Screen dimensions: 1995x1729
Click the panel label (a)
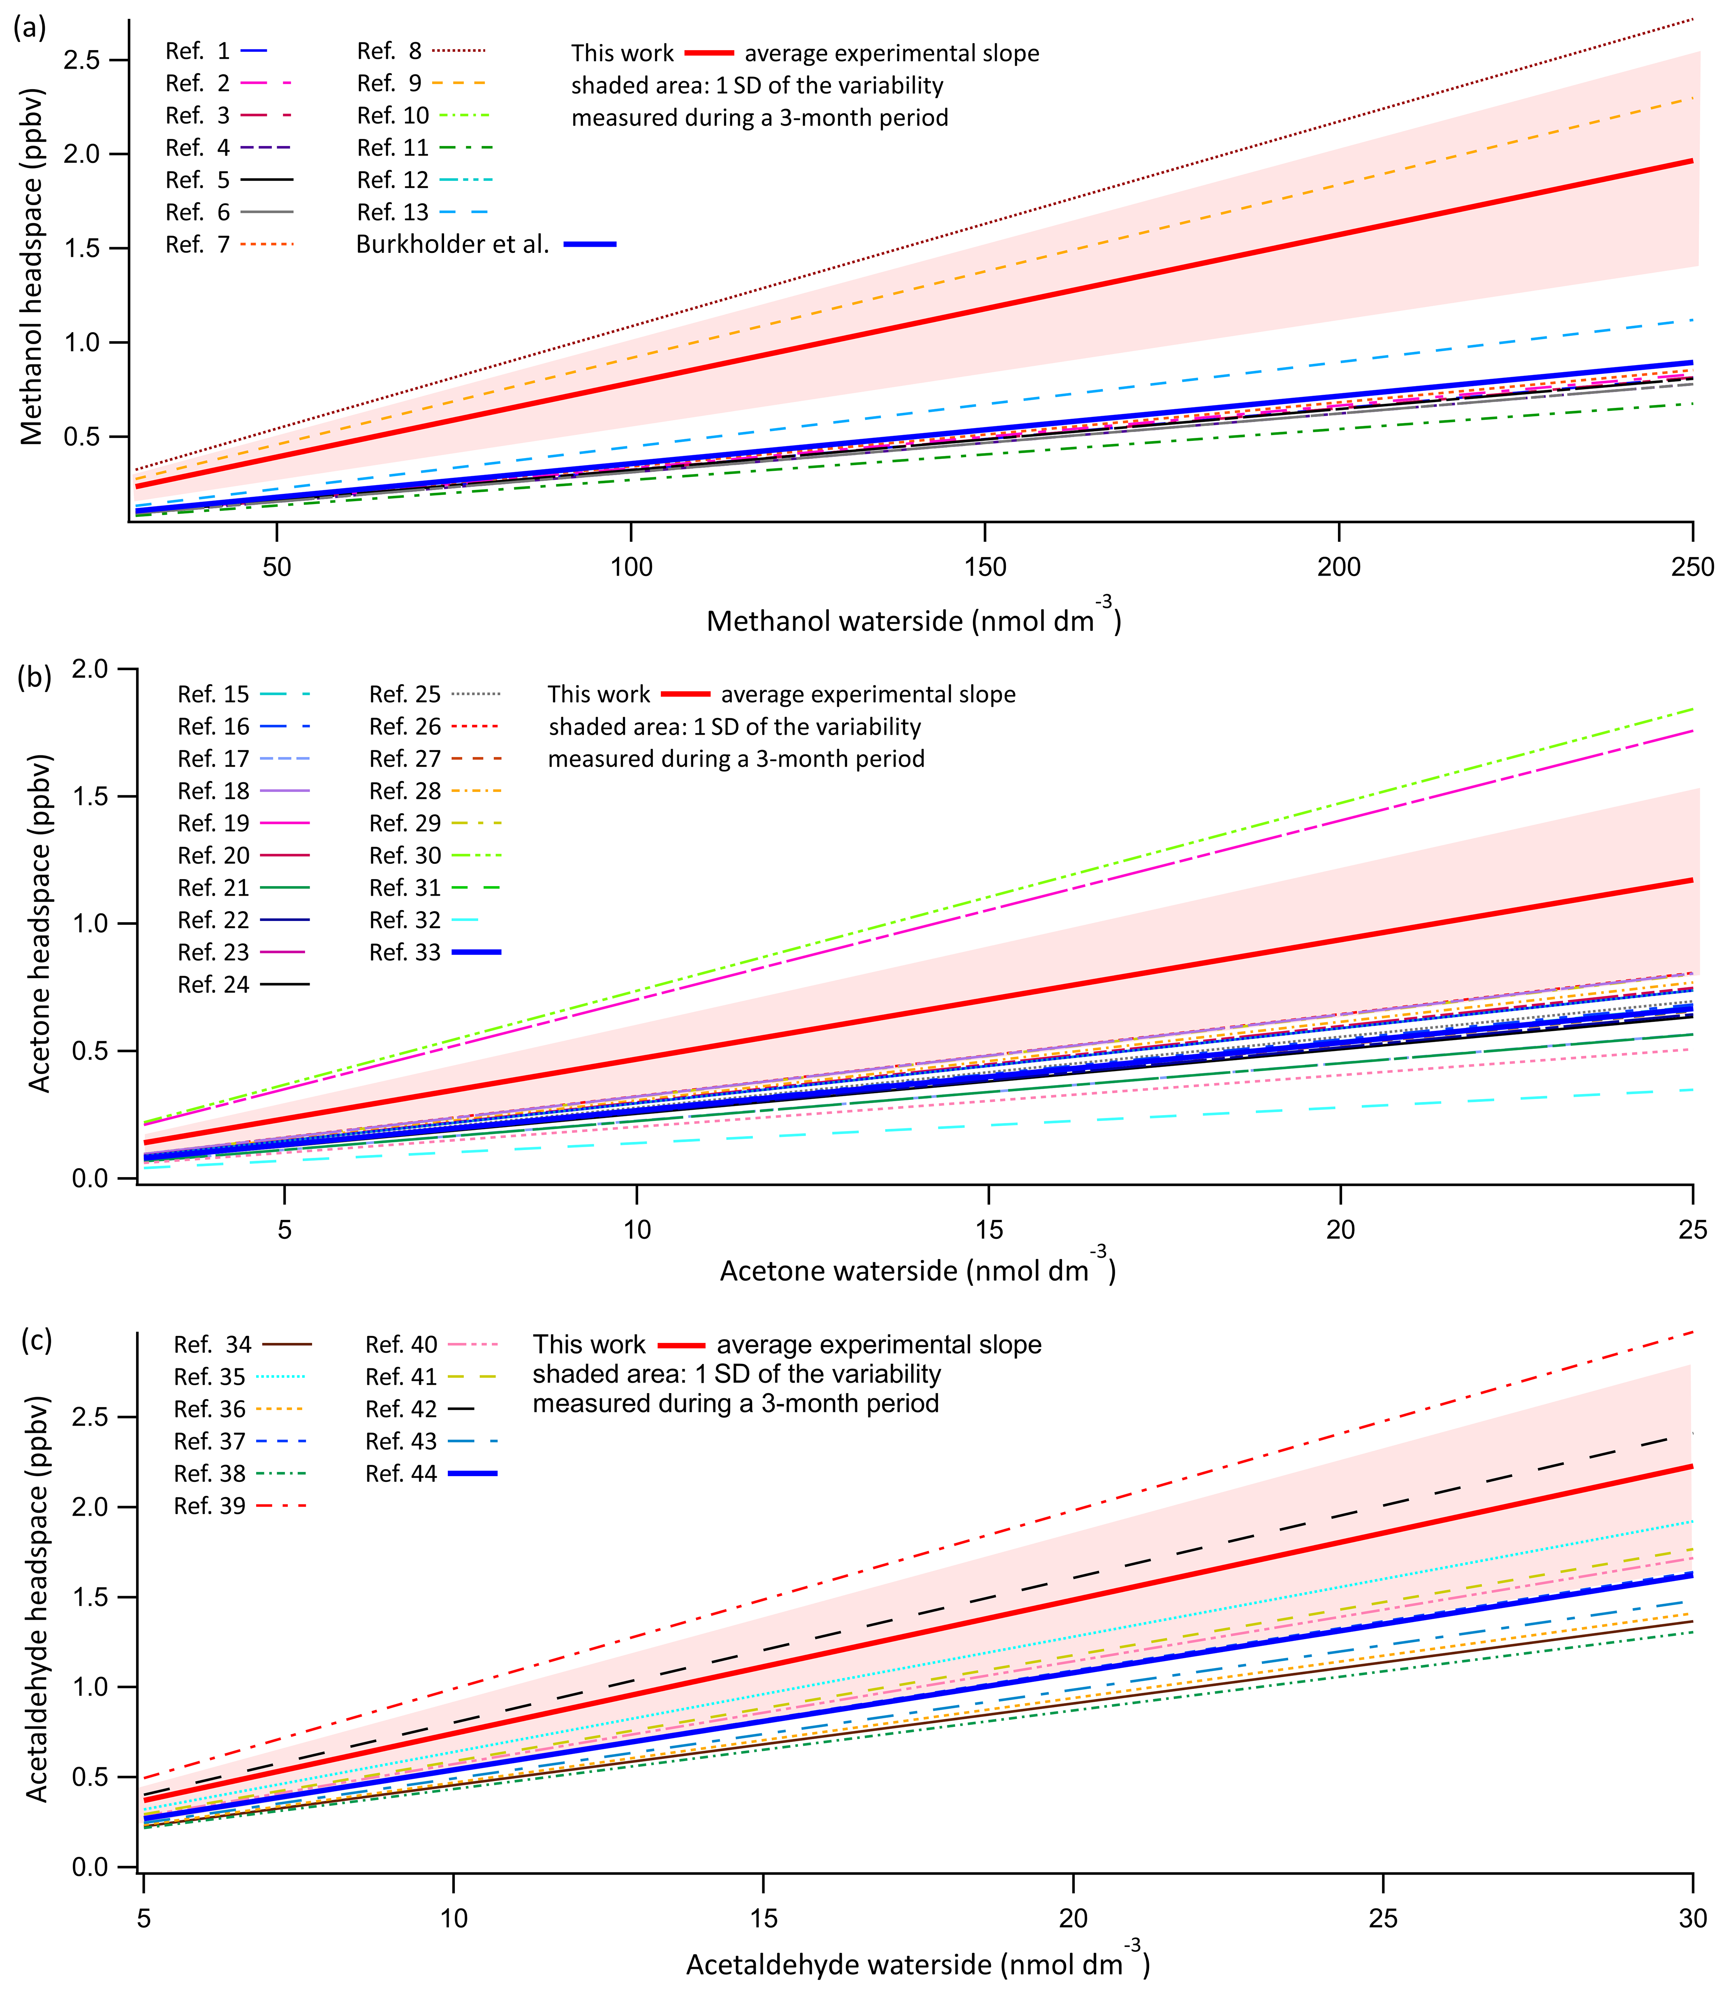[29, 27]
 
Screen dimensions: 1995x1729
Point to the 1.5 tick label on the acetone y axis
[91, 797]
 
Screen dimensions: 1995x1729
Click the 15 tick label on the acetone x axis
[989, 1230]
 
